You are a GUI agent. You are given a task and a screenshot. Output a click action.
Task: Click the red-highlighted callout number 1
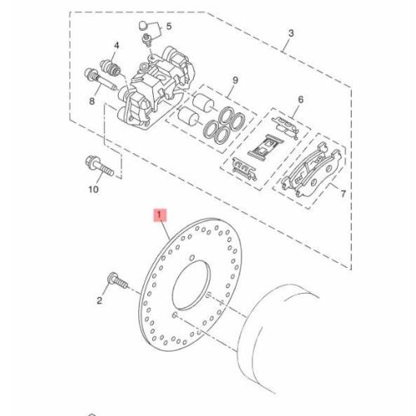[159, 215]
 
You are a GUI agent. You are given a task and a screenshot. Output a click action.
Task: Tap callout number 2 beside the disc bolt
[100, 300]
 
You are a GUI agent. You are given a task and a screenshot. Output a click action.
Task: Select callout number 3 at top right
[290, 33]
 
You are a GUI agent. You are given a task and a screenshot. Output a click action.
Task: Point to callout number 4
[116, 46]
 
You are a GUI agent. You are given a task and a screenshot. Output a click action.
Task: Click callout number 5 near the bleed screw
[169, 26]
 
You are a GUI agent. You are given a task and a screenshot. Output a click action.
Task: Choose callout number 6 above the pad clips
[301, 99]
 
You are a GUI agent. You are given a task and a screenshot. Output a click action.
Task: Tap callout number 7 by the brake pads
[344, 193]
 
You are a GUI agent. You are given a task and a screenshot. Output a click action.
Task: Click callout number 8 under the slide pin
[92, 102]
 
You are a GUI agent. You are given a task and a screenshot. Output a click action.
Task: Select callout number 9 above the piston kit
[235, 81]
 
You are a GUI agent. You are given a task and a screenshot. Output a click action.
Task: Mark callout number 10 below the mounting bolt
[93, 190]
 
